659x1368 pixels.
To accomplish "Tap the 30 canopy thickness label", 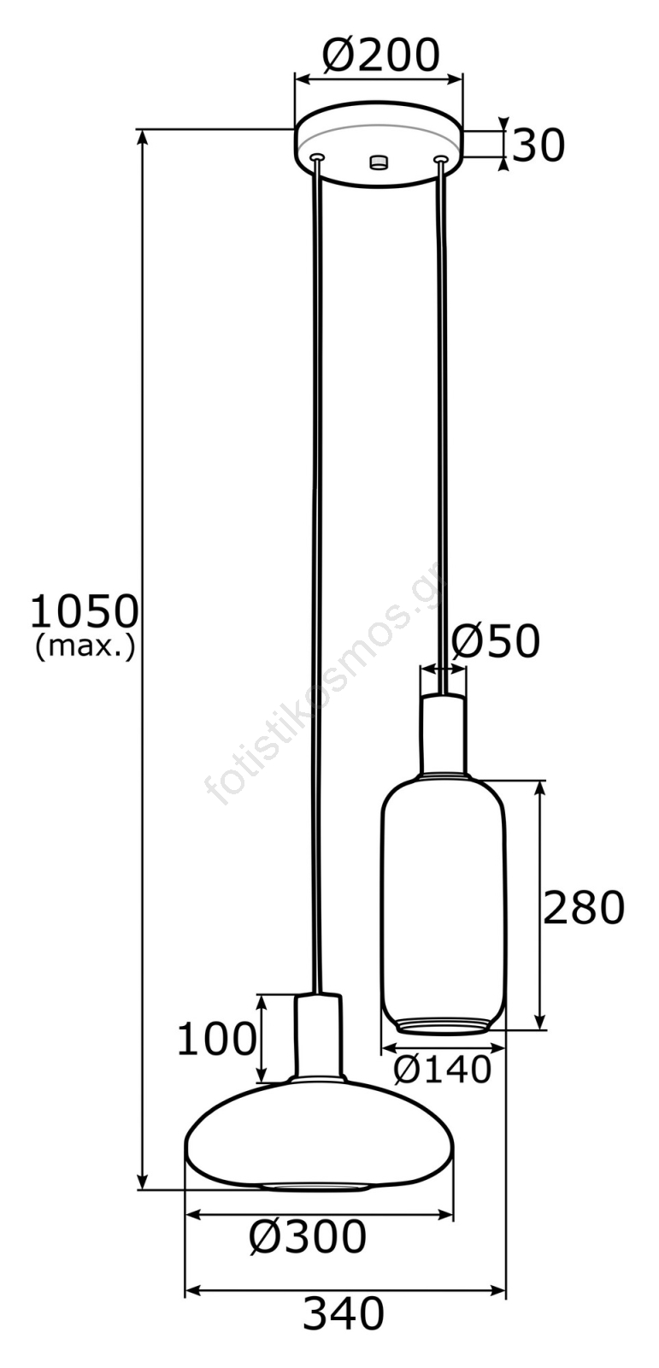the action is [x=538, y=146].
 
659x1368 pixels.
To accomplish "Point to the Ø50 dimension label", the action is [x=496, y=641].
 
